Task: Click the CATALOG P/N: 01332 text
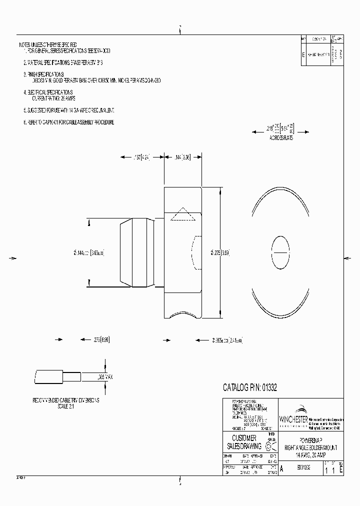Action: pos(249,387)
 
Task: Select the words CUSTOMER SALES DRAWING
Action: pos(244,442)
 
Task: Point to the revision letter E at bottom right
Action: pos(341,470)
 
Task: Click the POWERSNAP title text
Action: pos(310,440)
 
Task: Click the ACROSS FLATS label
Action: pos(280,137)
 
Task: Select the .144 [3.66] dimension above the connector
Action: pos(183,157)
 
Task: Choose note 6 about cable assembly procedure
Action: pos(68,122)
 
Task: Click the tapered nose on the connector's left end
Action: pos(125,253)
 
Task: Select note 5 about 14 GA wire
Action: pos(72,109)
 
